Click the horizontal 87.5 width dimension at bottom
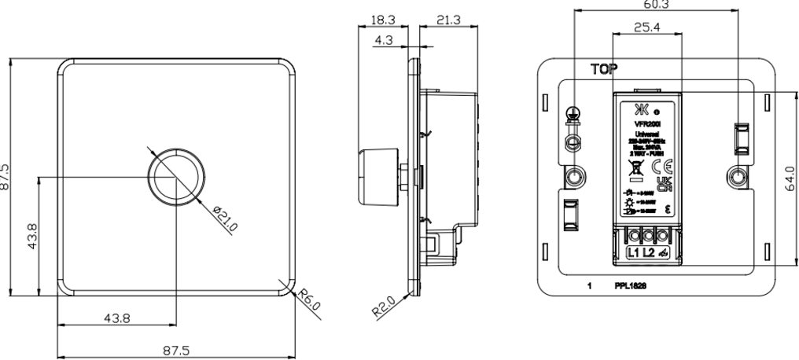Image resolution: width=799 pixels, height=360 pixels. pyautogui.click(x=176, y=351)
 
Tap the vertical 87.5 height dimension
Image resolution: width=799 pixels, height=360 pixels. pyautogui.click(x=6, y=178)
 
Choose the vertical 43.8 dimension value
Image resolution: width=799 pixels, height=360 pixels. pyautogui.click(x=31, y=236)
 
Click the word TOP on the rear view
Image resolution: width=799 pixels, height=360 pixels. pyautogui.click(x=604, y=70)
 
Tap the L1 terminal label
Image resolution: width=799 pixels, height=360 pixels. pyautogui.click(x=634, y=252)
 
